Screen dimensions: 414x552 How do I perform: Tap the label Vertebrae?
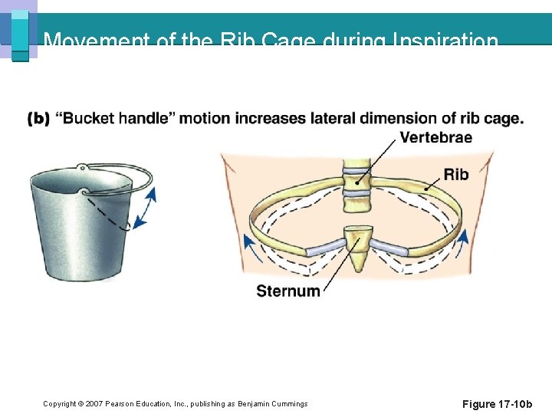(435, 138)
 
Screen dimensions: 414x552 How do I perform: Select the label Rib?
(455, 175)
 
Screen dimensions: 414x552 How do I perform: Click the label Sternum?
(288, 291)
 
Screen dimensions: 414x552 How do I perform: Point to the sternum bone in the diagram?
(356, 248)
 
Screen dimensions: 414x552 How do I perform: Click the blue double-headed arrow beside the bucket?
(145, 208)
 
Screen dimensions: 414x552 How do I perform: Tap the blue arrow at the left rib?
(248, 248)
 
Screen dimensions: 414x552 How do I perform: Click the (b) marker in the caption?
(38, 119)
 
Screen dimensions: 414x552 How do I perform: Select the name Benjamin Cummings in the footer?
(272, 404)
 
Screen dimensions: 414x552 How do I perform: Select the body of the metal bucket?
(77, 230)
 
